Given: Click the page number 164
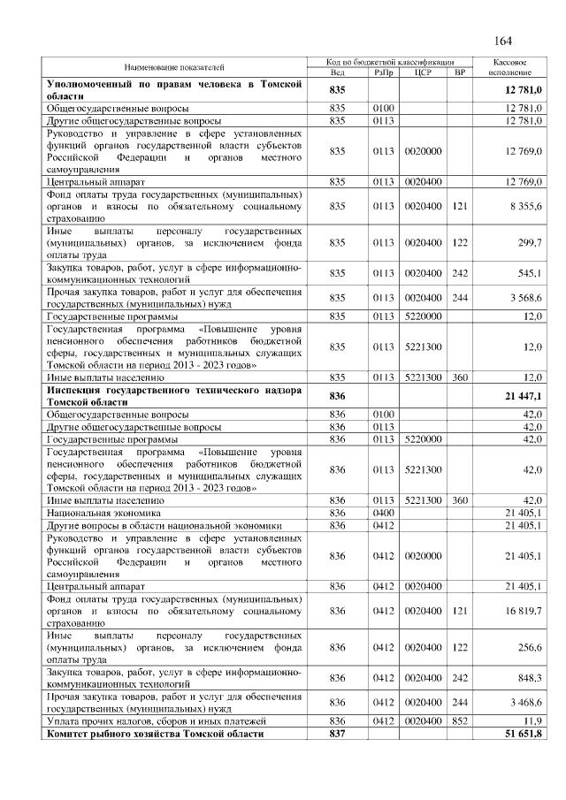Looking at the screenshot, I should coord(502,41).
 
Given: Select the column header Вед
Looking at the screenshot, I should coord(336,72).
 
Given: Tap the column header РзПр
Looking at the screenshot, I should coord(384,72).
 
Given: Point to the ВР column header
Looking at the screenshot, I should coord(459,72).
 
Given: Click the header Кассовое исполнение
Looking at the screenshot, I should coord(510,67).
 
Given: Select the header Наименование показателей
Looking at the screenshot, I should coord(173,67).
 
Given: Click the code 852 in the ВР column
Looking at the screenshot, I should coord(459,721).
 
